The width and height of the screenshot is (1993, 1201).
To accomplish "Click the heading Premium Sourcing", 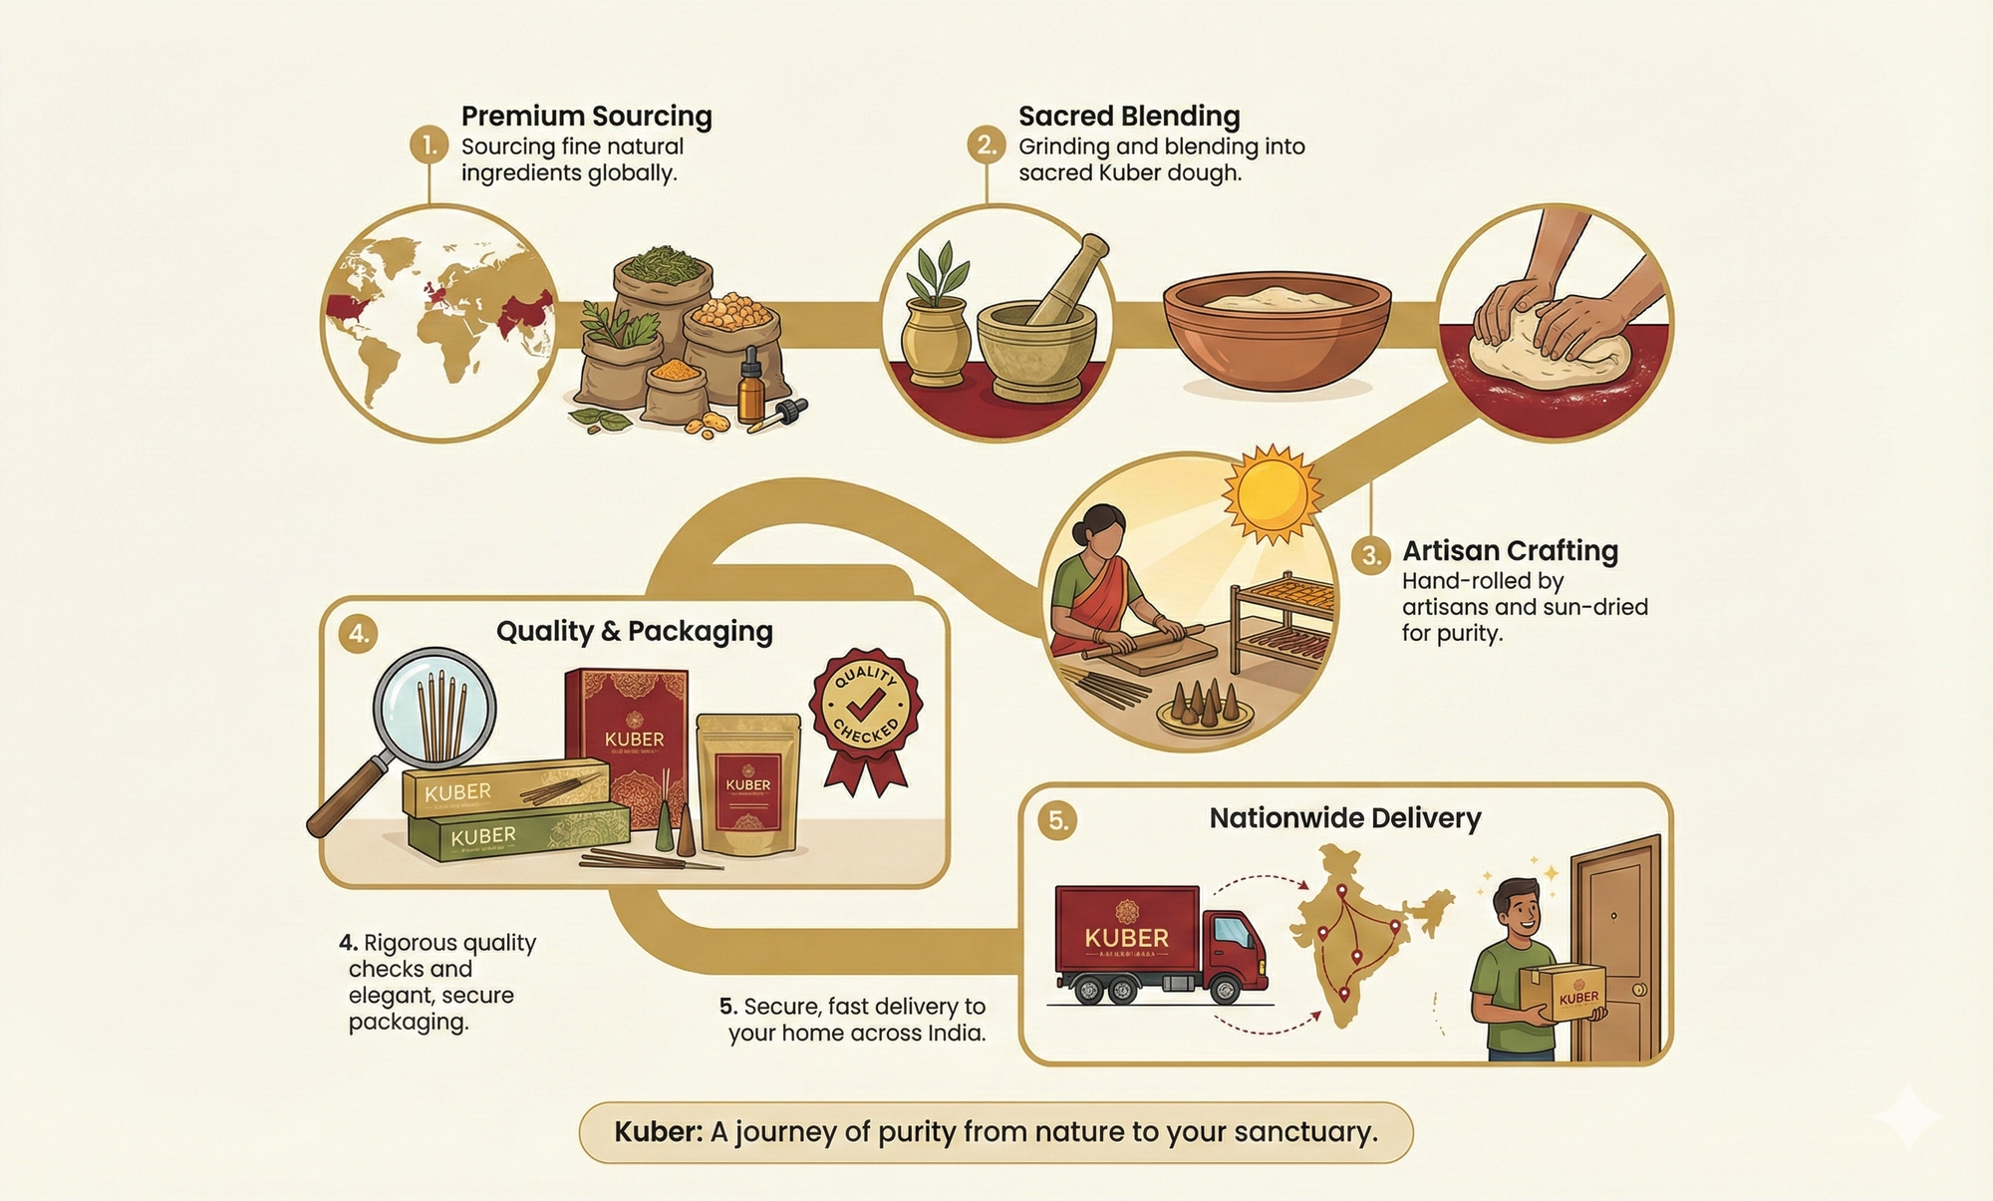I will pos(586,117).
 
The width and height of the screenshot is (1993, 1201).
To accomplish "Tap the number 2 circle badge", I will pos(986,146).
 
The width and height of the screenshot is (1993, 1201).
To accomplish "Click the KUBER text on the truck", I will pos(1126,938).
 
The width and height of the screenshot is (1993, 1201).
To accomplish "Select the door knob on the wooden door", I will pos(1639,990).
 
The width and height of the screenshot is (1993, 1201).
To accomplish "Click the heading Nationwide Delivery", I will pos(1344,818).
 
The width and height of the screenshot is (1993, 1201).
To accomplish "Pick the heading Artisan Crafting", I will pos(1510,551).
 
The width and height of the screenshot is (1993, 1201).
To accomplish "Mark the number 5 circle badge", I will pos(1057,820).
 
